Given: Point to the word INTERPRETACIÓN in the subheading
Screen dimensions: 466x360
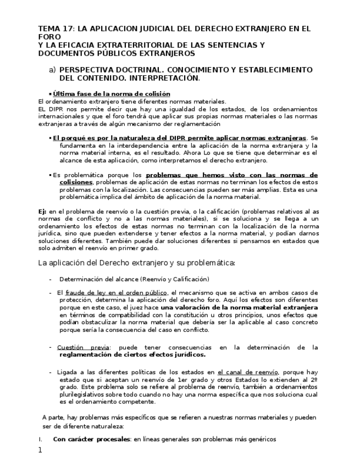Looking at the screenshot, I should coord(169,78).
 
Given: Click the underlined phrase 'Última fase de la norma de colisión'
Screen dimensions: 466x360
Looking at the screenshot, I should coord(111,94).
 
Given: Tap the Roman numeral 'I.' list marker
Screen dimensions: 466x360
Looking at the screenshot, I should coord(40,439).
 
